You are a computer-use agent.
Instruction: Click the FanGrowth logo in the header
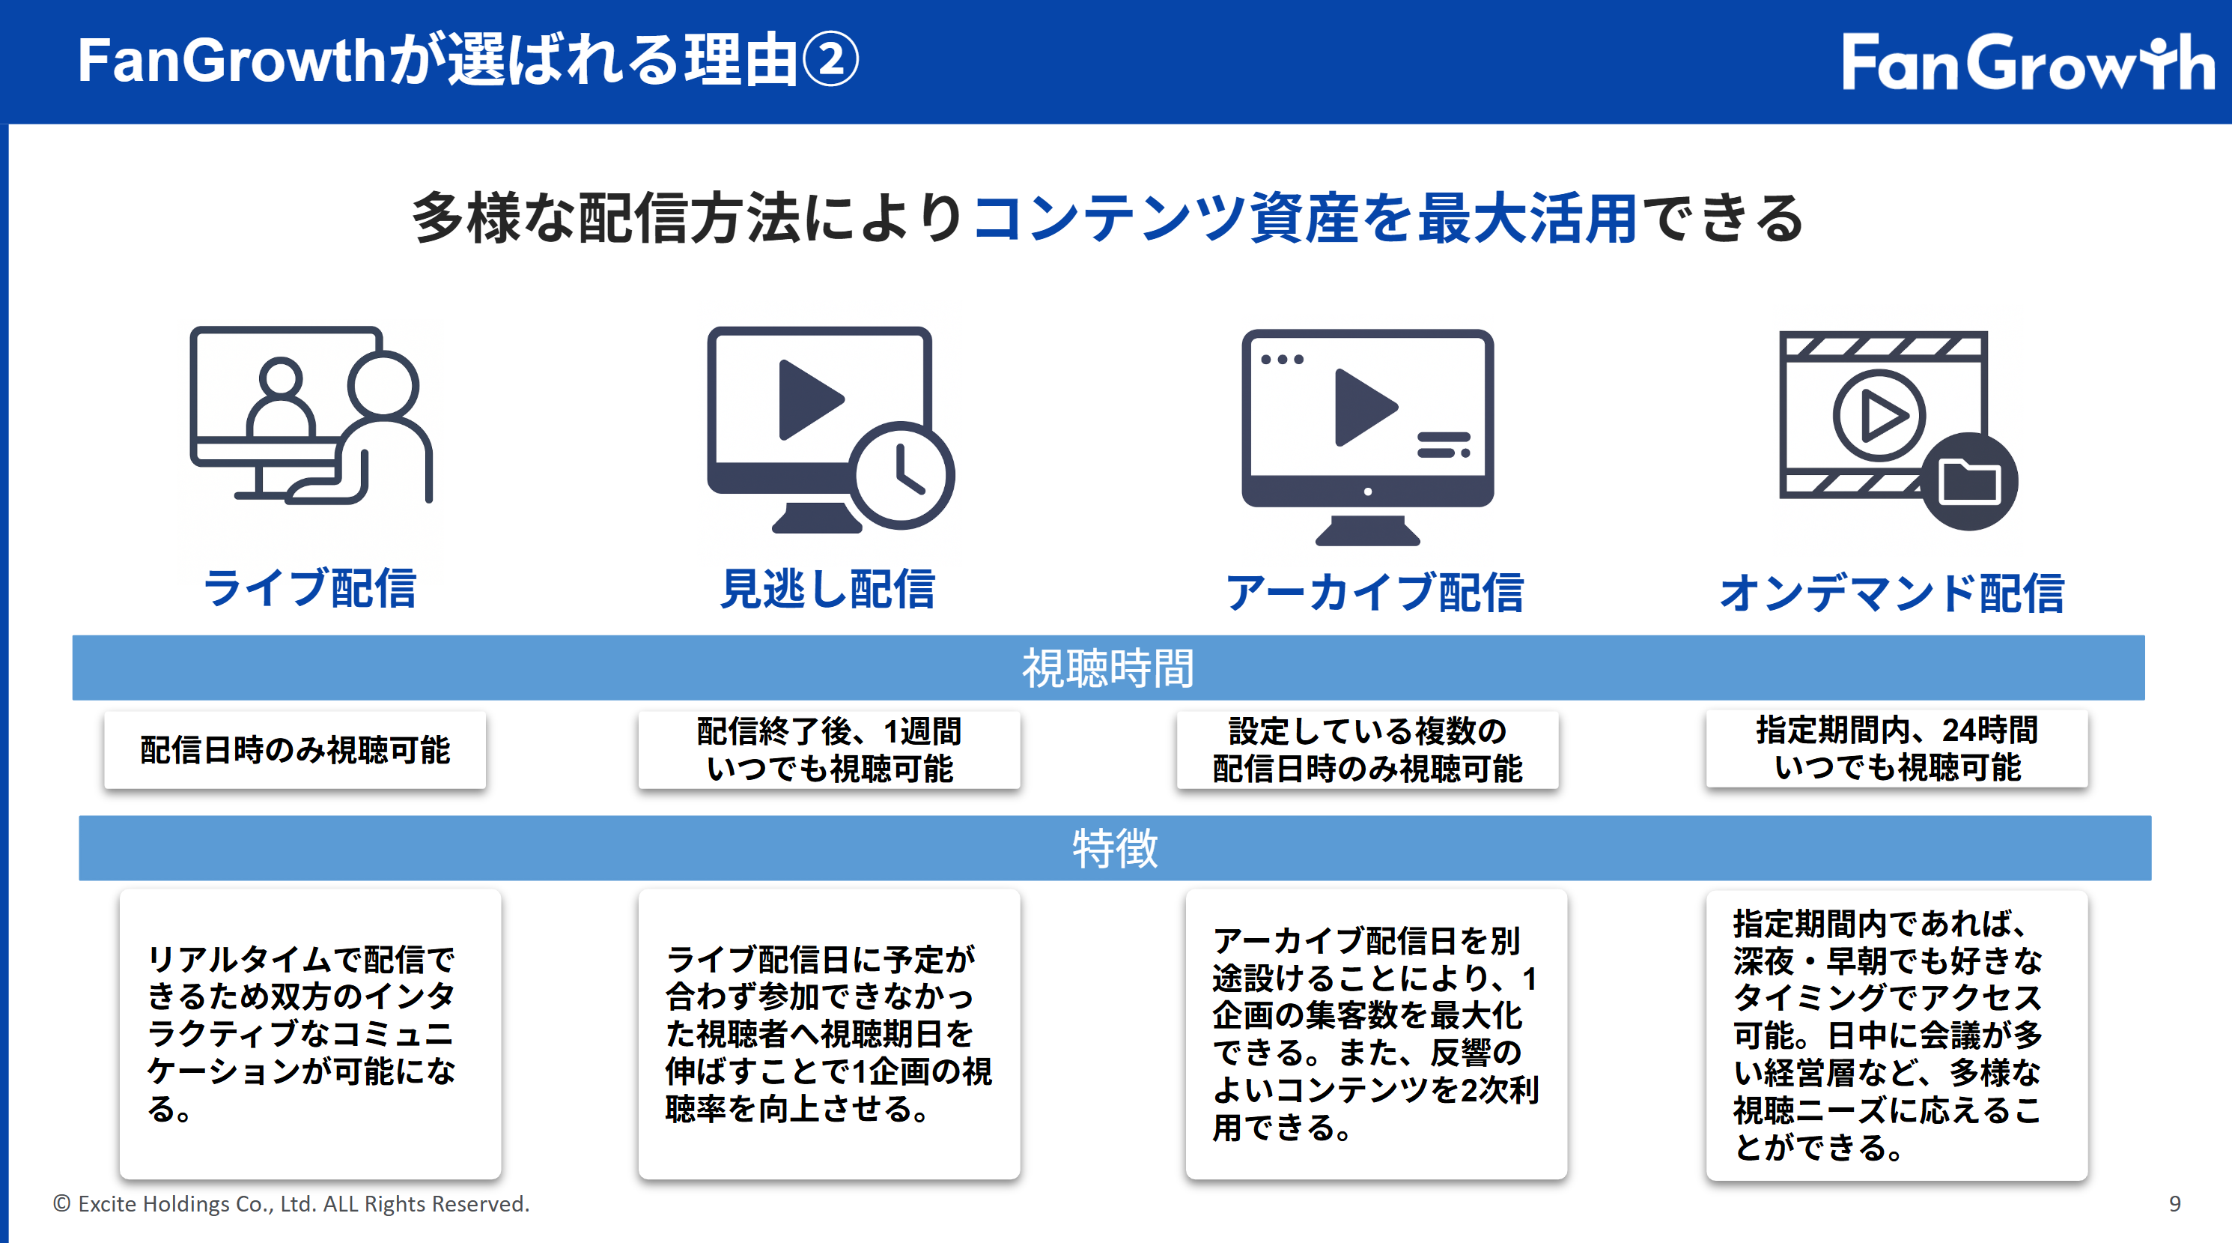(2028, 61)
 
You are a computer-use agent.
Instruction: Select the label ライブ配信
(309, 589)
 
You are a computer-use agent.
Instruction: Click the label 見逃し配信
(827, 590)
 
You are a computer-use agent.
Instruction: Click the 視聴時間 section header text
(1108, 668)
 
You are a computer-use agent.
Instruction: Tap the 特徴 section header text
(1115, 847)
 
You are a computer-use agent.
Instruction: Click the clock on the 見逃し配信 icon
(901, 475)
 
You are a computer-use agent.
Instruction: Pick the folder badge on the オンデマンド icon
(1969, 481)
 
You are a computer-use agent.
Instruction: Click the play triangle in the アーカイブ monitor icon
(1366, 408)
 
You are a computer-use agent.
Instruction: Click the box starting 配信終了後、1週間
(829, 750)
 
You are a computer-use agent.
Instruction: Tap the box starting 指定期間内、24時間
(1897, 749)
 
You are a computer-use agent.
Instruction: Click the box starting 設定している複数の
(1367, 750)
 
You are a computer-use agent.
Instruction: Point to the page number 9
(2175, 1203)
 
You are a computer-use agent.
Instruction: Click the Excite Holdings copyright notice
(291, 1203)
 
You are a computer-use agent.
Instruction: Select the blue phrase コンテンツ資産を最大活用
(1305, 217)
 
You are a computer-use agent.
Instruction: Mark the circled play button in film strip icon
(1879, 415)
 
